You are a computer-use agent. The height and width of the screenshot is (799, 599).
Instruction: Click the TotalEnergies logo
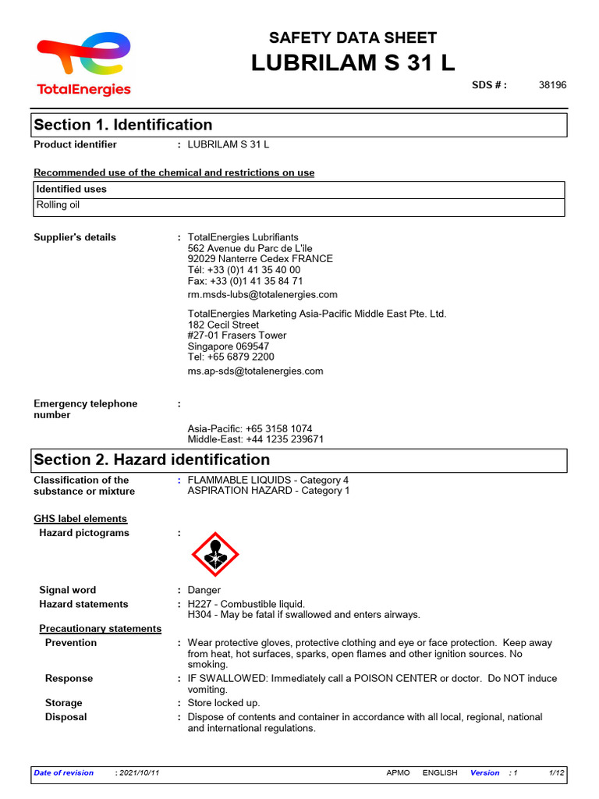coord(83,64)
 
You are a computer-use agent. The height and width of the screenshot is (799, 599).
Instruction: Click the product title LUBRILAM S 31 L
coord(353,63)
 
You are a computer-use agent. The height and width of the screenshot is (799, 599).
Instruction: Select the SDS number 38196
coord(552,85)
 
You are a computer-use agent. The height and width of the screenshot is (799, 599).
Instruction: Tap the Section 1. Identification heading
coord(123,125)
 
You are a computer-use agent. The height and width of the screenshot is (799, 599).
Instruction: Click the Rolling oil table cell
coord(58,205)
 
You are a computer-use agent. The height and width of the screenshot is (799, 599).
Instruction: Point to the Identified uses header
coord(72,189)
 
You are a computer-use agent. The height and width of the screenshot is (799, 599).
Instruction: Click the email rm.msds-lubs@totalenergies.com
coord(262,294)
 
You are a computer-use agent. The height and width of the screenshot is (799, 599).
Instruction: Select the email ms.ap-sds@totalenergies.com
coord(255,371)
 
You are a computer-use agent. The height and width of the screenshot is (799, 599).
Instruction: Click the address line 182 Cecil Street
coord(223,325)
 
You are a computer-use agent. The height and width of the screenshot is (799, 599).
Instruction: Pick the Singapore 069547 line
coord(229,346)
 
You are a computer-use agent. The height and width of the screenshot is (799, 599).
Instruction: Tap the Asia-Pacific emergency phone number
coord(250,428)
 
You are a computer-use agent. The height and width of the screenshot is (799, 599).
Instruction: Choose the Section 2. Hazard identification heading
coord(152,460)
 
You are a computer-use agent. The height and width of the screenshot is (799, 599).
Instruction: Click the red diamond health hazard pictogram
coord(215,554)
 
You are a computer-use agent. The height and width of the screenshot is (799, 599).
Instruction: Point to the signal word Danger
coord(204,590)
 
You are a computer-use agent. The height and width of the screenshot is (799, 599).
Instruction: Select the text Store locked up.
coord(224,703)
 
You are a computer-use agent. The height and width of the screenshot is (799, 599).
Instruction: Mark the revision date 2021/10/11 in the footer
coord(139,772)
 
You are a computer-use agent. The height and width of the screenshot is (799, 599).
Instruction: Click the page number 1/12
coord(556,772)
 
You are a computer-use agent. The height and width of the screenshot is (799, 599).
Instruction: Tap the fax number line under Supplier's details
coord(245,281)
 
